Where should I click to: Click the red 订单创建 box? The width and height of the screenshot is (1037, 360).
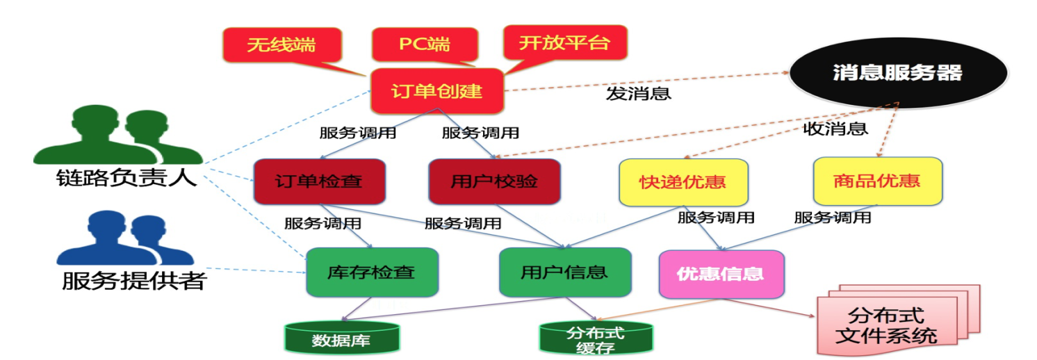click(x=436, y=91)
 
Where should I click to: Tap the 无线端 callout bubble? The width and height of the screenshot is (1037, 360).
click(x=281, y=45)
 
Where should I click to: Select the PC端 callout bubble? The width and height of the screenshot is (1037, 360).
click(x=424, y=45)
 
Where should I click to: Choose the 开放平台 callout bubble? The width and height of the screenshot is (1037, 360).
click(x=564, y=43)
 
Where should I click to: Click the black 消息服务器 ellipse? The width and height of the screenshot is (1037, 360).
click(x=898, y=73)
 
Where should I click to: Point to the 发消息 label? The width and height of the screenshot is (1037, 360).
click(x=638, y=94)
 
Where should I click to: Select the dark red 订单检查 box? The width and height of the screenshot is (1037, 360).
click(x=319, y=181)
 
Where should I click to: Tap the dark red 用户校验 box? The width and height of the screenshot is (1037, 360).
click(x=493, y=181)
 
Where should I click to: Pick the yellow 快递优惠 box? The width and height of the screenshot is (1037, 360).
click(x=683, y=182)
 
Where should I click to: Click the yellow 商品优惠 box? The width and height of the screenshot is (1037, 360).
click(x=877, y=181)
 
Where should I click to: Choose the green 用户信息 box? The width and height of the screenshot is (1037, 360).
click(x=564, y=271)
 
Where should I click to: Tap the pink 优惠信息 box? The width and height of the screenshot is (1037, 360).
click(x=720, y=273)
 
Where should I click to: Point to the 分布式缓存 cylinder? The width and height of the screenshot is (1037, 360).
click(x=595, y=338)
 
